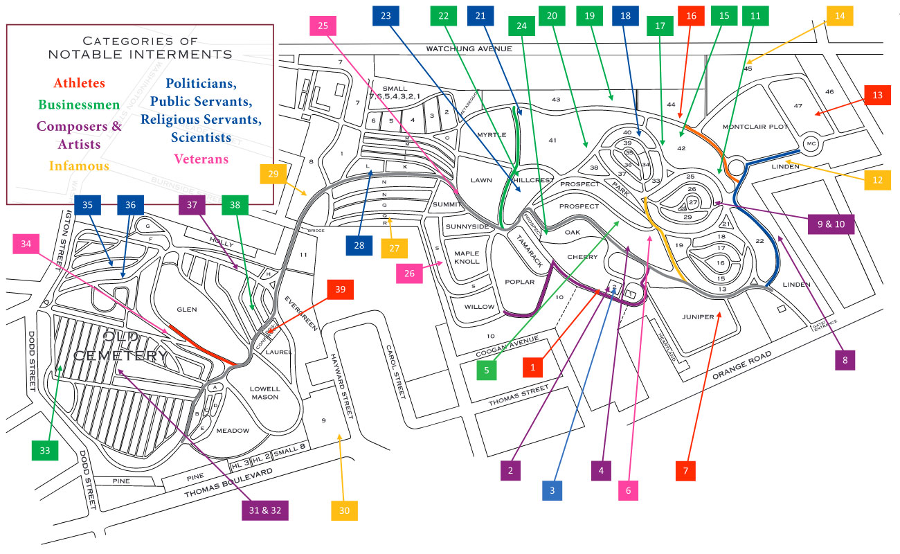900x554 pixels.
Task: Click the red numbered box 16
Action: [x=691, y=15]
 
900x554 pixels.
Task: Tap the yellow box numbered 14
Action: [x=840, y=15]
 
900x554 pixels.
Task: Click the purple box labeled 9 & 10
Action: [x=831, y=224]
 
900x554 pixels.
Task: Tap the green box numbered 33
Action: [x=44, y=450]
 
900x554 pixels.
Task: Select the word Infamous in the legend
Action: [x=79, y=166]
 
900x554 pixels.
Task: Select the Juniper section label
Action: [x=697, y=317]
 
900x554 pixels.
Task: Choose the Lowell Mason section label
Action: [x=265, y=393]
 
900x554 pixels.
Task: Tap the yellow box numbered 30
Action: [x=345, y=510]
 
